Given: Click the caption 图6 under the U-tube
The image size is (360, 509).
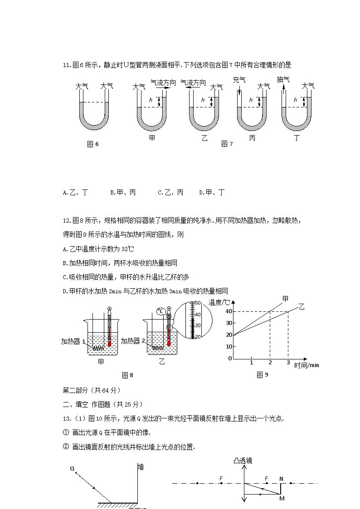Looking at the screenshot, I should [92, 144].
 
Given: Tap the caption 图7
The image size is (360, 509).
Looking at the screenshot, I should [227, 144].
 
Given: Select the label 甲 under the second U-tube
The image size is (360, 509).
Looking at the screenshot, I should [152, 138].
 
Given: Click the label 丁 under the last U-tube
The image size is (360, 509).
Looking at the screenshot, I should [297, 138].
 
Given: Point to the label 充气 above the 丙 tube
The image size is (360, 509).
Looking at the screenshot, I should [239, 80].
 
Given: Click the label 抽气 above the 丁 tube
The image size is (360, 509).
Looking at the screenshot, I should [283, 80].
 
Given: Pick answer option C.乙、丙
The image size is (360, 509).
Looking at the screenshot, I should [170, 193].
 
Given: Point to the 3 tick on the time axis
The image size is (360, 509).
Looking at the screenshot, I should [288, 363].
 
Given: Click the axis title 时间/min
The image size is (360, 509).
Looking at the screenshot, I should [306, 365].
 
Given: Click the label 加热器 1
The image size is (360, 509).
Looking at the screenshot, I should [73, 341].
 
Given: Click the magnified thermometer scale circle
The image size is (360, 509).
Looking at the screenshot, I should [193, 320].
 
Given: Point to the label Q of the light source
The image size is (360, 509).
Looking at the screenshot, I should [72, 469].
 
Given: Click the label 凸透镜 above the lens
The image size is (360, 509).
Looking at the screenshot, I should [243, 461].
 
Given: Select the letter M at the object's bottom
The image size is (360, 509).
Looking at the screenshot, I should [282, 498].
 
